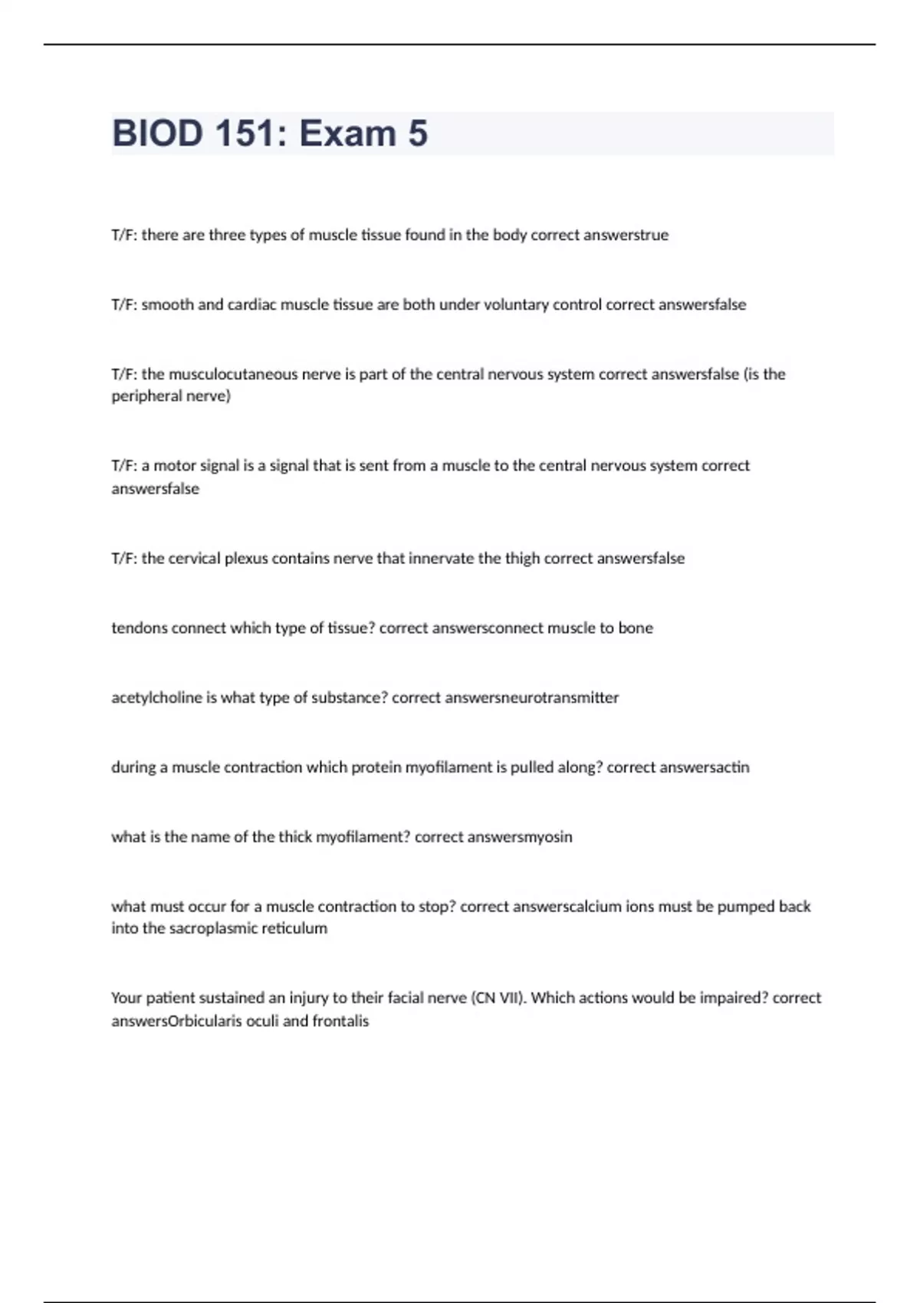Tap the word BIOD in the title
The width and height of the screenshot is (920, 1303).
point(157,133)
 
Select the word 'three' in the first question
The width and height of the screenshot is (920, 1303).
point(227,235)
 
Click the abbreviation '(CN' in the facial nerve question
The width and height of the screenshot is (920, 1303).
point(484,999)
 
